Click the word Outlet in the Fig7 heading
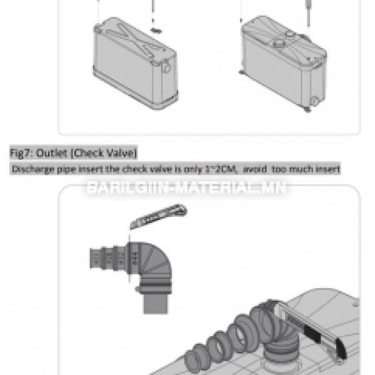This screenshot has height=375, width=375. coord(51,153)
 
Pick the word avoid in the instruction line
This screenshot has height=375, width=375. coord(255,169)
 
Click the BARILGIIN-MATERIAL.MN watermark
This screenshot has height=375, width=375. coord(186,187)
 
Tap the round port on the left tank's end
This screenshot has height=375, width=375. coord(166,67)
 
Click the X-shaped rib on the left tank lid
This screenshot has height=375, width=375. coord(136,38)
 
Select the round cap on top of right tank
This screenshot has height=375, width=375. coord(279,43)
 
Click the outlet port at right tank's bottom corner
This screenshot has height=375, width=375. coord(314,101)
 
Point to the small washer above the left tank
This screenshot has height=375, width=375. coord(156,31)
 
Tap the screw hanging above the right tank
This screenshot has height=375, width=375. coord(308,13)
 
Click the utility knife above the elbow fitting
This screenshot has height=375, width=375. coord(158,216)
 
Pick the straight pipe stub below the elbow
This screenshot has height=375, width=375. coord(156,304)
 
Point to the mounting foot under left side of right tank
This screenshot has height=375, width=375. coord(242,72)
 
